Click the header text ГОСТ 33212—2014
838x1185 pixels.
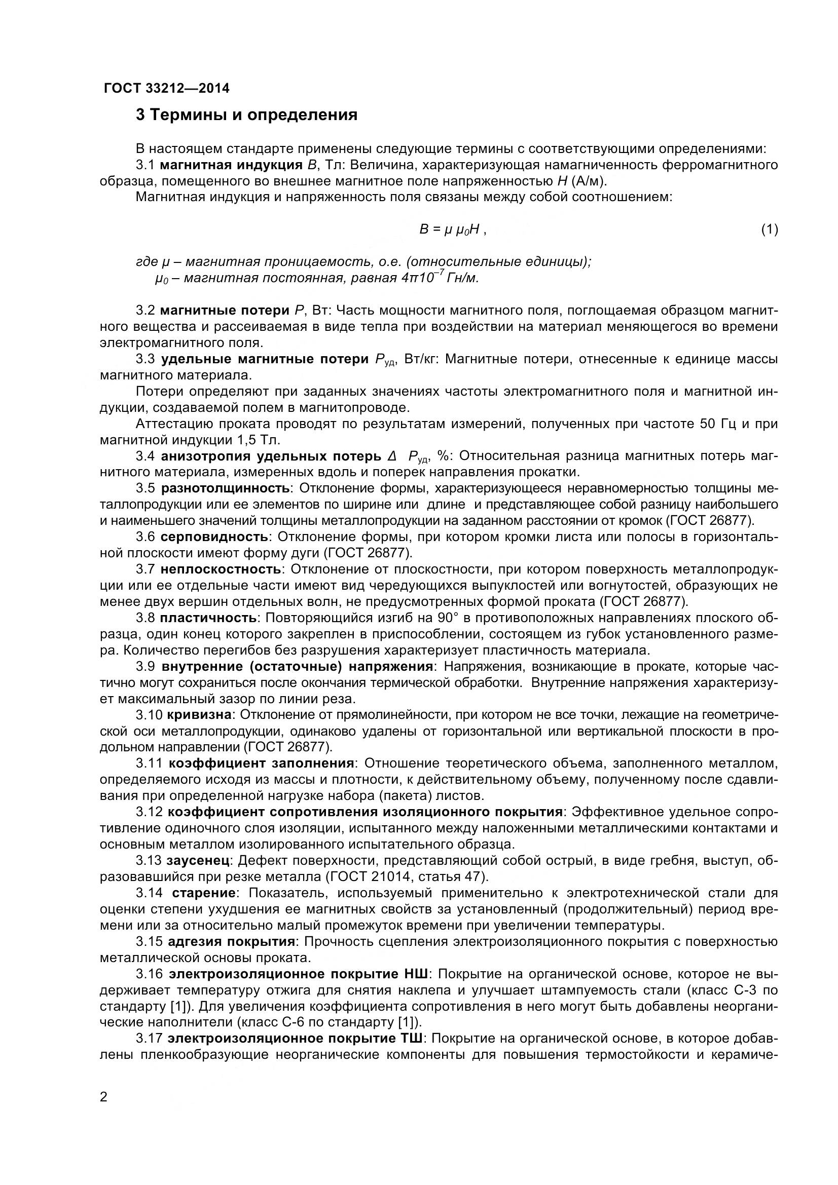pos(167,88)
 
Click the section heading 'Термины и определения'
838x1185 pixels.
pos(247,114)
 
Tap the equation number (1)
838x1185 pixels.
pos(770,230)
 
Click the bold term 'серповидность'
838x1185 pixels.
pos(214,537)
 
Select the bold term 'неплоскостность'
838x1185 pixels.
pos(221,569)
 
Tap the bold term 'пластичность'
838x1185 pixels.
pos(208,618)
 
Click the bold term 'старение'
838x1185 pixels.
pos(204,893)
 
